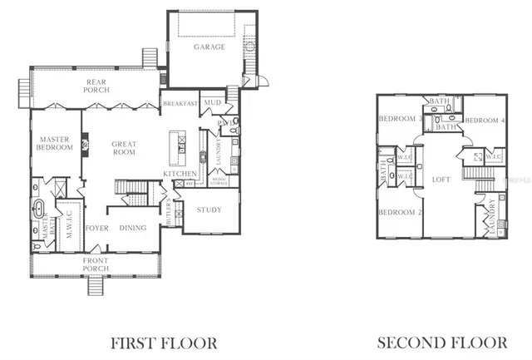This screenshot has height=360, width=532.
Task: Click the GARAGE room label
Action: pos(209,47)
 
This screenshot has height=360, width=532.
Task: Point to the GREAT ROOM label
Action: pos(124,148)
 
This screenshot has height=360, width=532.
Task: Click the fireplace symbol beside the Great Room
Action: pos(86,146)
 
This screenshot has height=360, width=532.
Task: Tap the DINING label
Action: pos(133,228)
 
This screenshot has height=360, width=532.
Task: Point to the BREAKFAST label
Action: pos(180,104)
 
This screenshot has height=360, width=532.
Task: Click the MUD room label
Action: pos(213,104)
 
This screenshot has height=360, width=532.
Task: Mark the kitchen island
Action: pos(175,148)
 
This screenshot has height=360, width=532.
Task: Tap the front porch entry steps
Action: pos(95,285)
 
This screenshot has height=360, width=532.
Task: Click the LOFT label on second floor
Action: pos(441,179)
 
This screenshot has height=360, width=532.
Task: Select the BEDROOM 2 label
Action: pos(397,212)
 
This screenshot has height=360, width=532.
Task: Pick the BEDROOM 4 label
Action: pos(485,121)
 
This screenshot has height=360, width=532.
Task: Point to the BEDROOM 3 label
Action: pos(397,119)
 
